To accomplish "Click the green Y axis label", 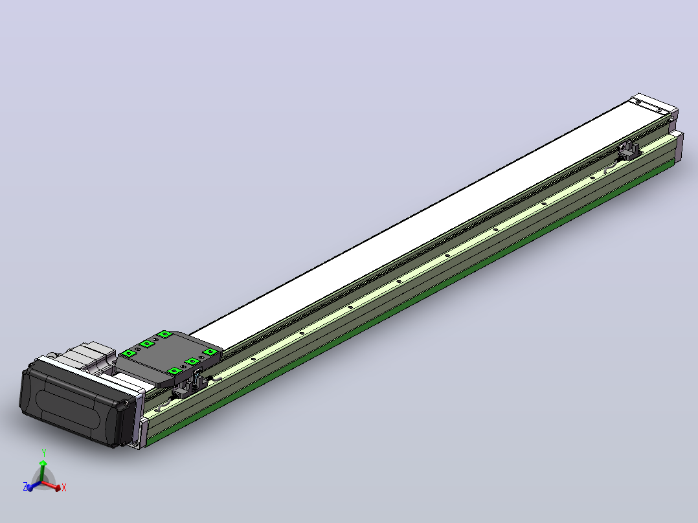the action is click(x=44, y=452).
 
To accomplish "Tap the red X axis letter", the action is click(x=64, y=487).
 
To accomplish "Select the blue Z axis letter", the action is click(x=25, y=485).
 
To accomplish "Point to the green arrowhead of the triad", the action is click(x=43, y=463).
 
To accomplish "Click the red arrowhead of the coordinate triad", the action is click(x=58, y=488).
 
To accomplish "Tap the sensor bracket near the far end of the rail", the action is click(x=629, y=150).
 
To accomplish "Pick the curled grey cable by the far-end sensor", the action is click(x=611, y=166).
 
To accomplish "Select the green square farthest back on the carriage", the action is click(x=164, y=334).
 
